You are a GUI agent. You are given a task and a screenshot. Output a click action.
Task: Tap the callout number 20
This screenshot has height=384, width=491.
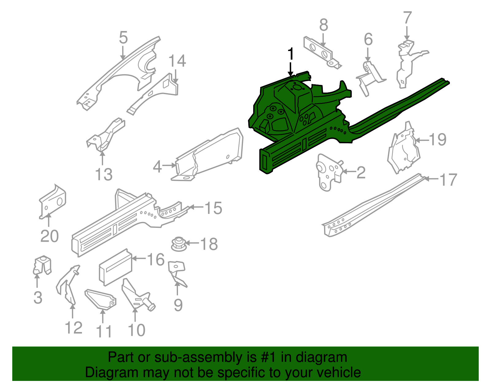point(49,236)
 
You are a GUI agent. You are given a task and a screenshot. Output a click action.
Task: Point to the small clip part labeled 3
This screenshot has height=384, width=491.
point(42,265)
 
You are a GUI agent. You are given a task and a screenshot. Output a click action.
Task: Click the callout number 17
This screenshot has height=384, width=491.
point(448,180)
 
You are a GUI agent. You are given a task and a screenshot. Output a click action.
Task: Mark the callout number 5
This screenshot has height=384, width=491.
point(123,38)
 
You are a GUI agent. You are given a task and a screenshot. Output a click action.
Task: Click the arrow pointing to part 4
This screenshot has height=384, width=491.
point(169,165)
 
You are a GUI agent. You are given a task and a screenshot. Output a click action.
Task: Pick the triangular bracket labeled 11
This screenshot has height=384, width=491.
point(101,299)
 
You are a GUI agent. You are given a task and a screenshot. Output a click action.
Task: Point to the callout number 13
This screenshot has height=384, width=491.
point(104,174)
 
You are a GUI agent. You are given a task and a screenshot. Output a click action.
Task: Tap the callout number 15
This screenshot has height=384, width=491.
point(213,208)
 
